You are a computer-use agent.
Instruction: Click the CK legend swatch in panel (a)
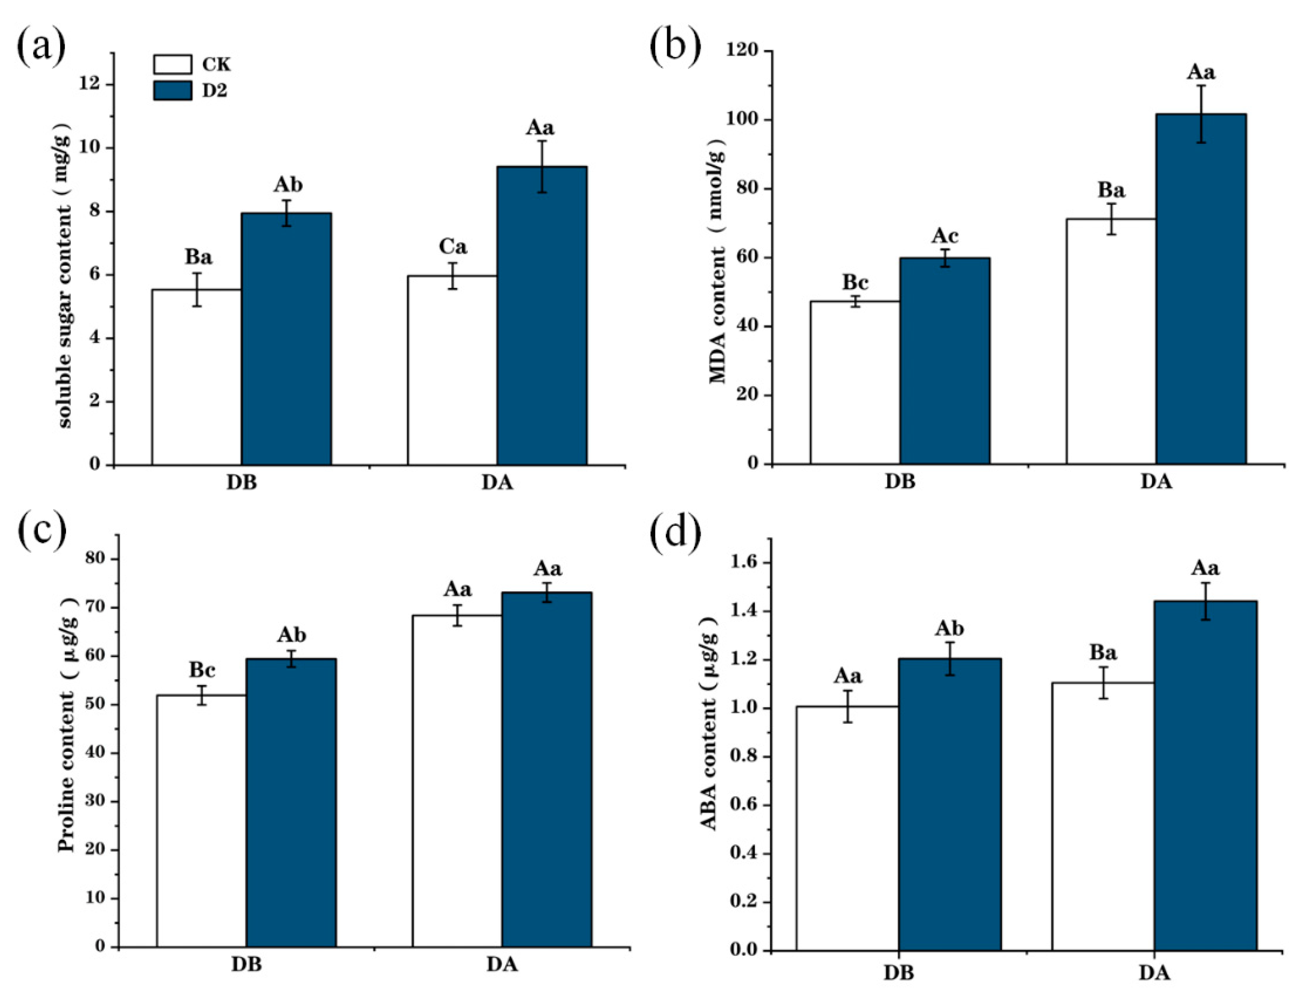172,64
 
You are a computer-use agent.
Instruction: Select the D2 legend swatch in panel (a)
172,90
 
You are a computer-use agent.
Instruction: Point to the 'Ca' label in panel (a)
452,246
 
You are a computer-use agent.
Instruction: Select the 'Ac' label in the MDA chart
944,236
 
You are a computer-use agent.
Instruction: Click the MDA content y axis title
717,261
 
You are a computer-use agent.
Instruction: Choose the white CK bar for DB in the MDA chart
855,382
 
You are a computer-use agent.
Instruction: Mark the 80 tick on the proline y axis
97,559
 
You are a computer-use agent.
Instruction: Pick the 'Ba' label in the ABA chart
1103,653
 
